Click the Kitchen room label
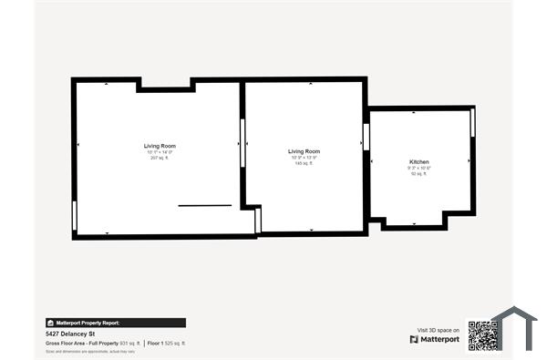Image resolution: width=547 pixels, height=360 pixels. coord(418,161)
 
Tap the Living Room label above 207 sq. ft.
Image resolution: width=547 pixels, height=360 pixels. coord(160,146)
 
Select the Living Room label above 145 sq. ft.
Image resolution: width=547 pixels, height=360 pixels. coord(304,151)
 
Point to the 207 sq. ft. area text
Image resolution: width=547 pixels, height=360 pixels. coord(160,158)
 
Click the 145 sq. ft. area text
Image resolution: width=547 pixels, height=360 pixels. coord(304,163)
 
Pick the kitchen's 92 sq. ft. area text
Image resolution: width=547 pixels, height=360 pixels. coord(418,173)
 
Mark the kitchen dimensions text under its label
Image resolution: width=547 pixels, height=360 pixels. coord(418,168)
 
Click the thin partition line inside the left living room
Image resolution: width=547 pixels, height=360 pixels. coord(204,206)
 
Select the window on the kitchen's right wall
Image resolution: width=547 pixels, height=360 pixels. coord(472,122)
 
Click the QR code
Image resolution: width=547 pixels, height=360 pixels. coord(481,334)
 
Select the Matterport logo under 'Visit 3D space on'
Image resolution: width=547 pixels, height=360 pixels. coord(434,339)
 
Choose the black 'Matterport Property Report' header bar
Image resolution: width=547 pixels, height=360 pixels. coord(115,323)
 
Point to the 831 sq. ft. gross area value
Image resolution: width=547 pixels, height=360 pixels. coord(129,343)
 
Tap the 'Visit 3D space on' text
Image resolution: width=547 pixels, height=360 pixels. coord(438,329)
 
